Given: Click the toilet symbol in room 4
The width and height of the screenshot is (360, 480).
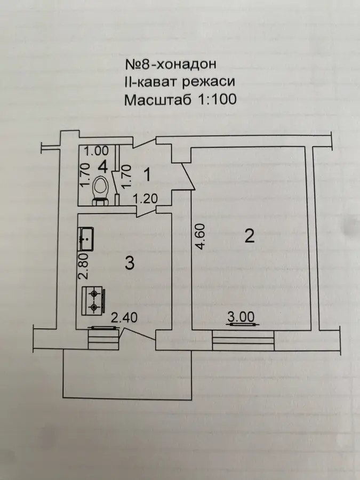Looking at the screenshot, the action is coord(100,190).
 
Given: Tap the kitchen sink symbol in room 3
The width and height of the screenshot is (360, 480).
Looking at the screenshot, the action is coord(86,239).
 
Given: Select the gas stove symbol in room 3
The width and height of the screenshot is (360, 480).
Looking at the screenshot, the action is coord(93,301).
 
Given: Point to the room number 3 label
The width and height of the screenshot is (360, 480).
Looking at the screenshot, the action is coord(130,262).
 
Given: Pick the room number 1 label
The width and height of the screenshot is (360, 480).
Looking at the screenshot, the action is coord(147,175).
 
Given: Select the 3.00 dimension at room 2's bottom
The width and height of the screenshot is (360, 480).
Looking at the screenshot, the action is coord(241,317).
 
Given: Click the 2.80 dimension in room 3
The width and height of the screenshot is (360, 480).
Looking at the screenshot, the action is coord(83,266).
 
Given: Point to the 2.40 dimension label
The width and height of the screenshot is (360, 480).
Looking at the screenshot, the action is coord(124,318).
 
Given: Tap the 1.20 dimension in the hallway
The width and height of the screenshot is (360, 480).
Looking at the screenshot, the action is coord(145,199).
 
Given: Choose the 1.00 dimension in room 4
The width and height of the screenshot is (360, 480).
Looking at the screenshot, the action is coord(97,151).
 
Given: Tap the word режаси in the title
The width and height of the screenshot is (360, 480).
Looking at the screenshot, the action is coord(209,82).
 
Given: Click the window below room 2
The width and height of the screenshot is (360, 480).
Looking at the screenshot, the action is coord(243,340).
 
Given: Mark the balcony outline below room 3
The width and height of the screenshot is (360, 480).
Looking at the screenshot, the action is coord(127,398).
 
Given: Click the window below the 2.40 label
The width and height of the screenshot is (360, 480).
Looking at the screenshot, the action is coord(103,338).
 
